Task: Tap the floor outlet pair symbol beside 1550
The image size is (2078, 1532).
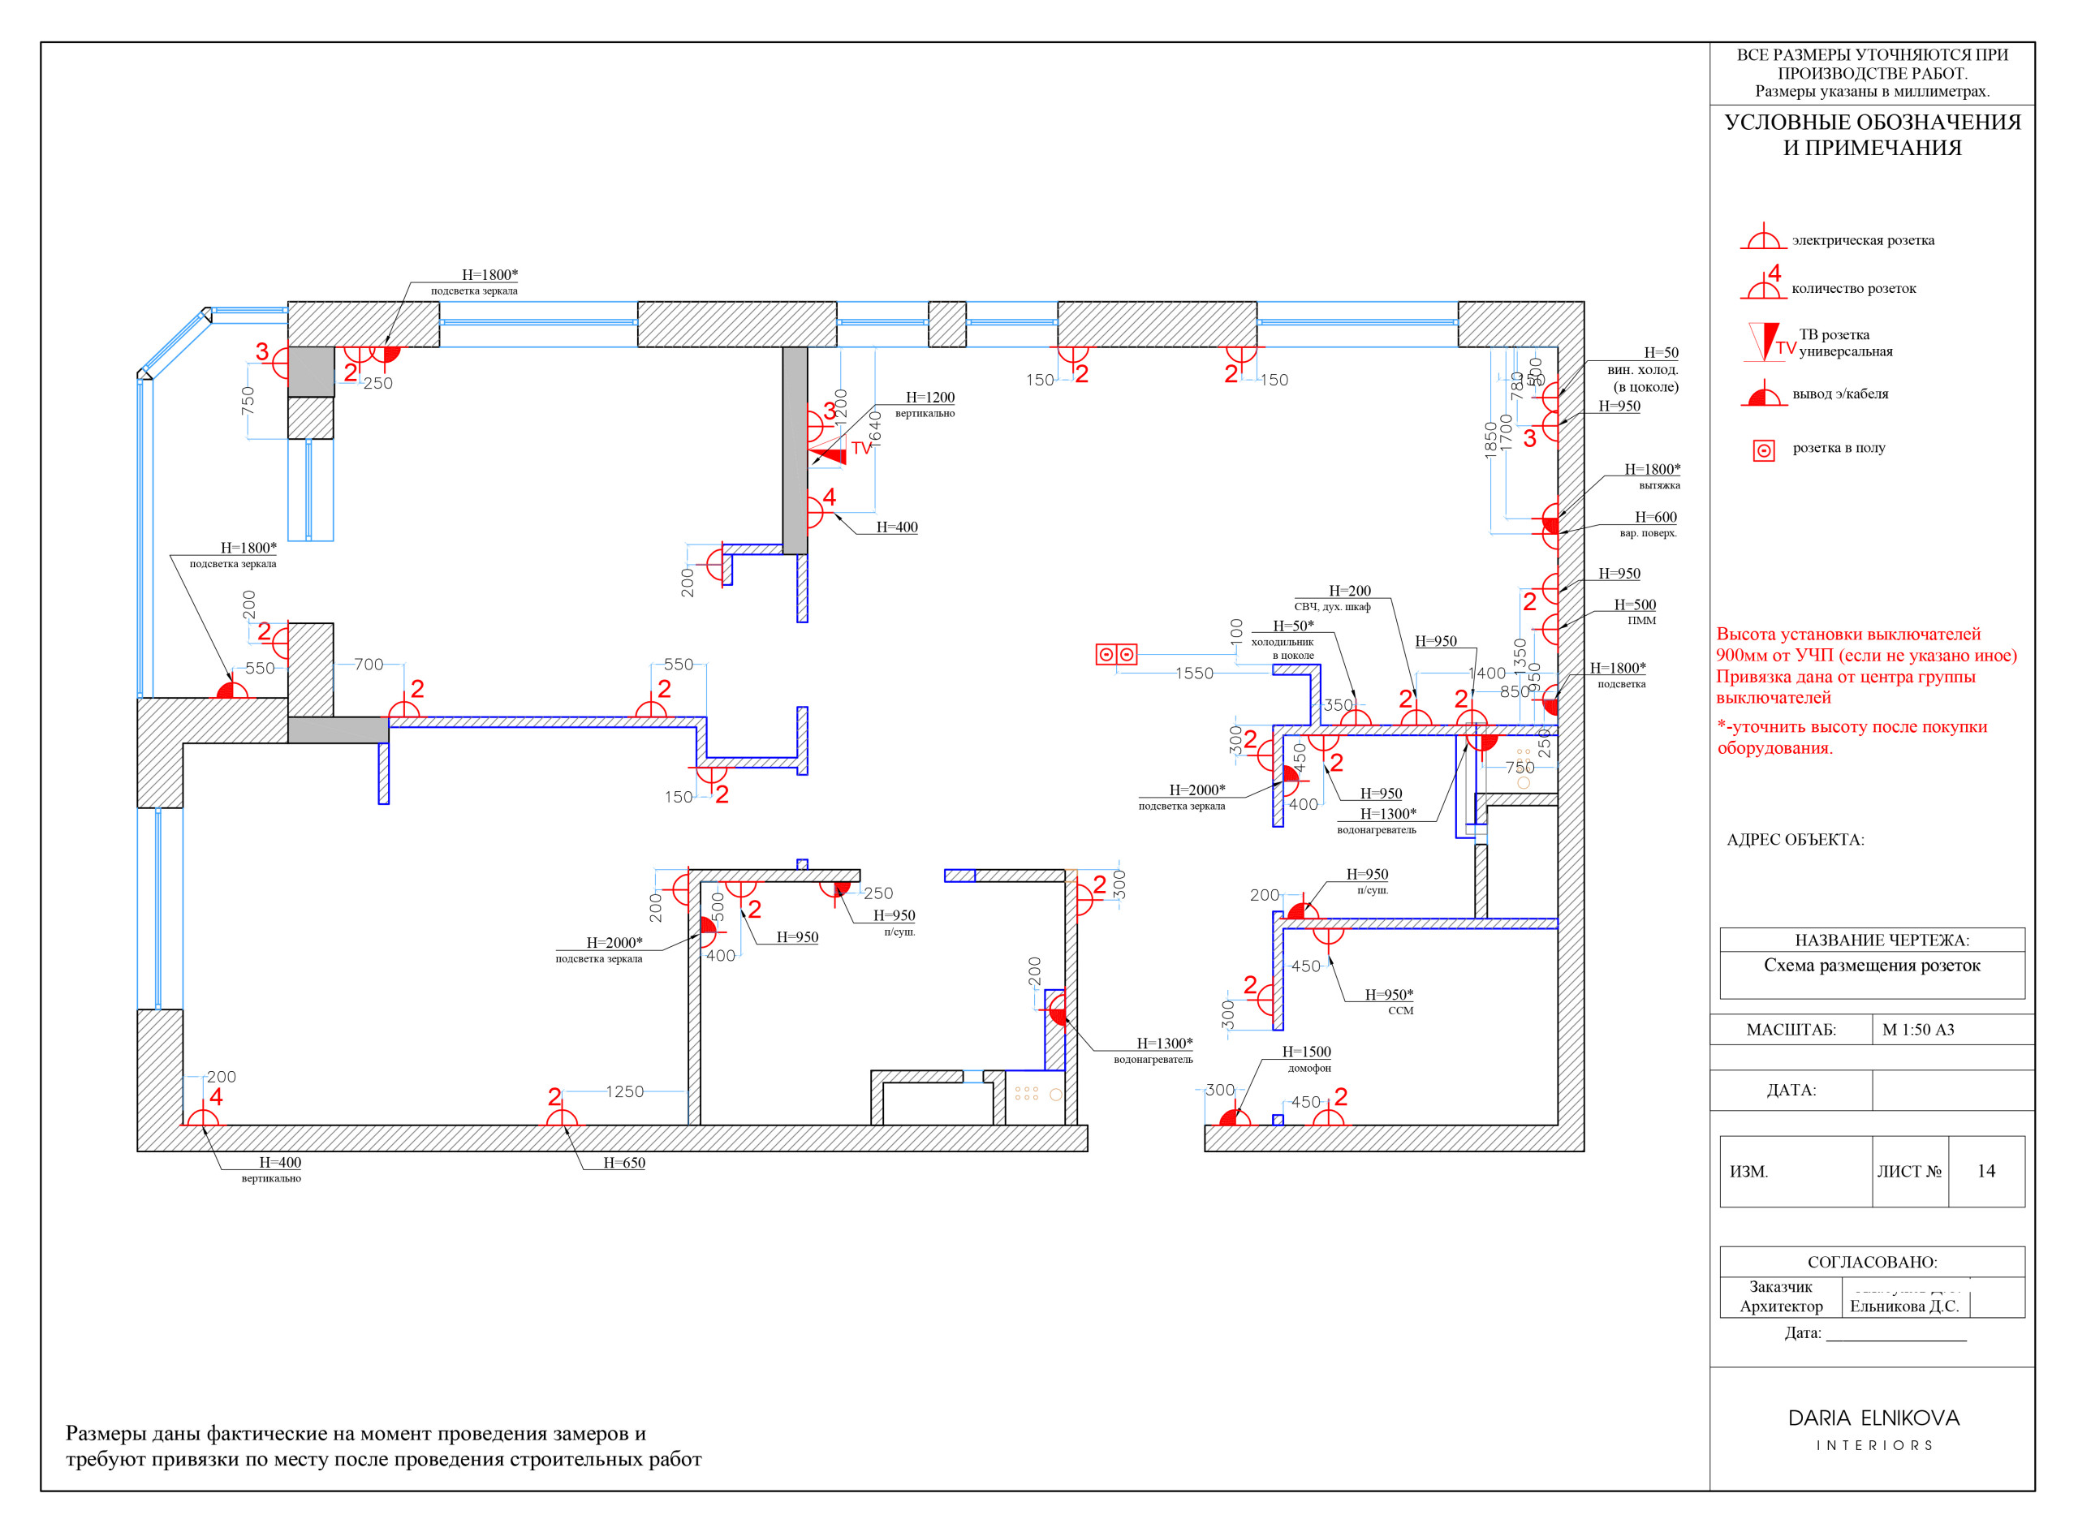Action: point(1116,655)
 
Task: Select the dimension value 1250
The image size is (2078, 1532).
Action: point(624,1091)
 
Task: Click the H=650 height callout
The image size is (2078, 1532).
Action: point(623,1163)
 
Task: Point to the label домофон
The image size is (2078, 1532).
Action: point(1309,1069)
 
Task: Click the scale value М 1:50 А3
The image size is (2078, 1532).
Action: point(1917,1030)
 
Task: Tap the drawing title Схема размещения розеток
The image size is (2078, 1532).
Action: point(1871,966)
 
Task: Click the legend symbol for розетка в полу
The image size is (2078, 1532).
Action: point(1764,450)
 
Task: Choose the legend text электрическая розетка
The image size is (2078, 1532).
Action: point(1863,241)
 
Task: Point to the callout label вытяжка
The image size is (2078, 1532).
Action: point(1658,485)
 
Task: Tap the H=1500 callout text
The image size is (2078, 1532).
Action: point(1306,1052)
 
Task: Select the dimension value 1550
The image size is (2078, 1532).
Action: point(1194,673)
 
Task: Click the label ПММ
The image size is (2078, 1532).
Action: point(1641,621)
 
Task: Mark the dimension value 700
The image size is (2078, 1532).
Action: point(369,664)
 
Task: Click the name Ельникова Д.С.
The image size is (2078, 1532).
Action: point(1903,1306)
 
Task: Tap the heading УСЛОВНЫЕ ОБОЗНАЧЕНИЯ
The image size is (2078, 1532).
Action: point(1872,123)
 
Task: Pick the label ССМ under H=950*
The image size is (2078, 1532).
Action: point(1400,1011)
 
